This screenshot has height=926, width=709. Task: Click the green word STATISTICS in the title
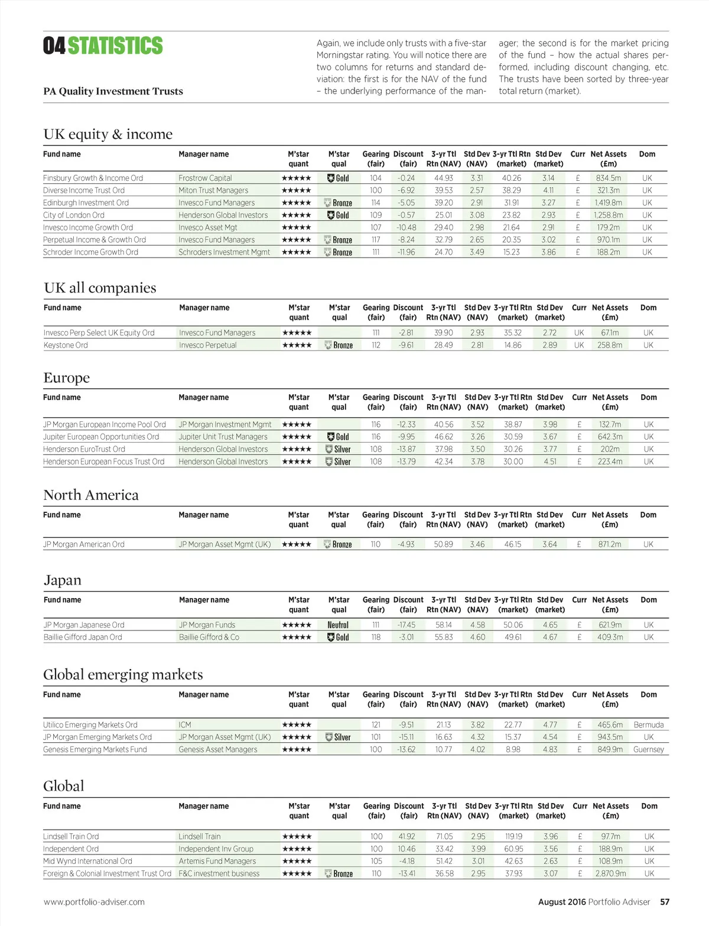click(x=115, y=46)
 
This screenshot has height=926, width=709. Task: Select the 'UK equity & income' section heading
click(x=108, y=134)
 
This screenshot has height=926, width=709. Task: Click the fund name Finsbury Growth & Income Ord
click(x=93, y=178)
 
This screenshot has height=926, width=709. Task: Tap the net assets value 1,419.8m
click(x=608, y=203)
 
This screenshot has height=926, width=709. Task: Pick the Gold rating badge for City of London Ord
click(x=339, y=215)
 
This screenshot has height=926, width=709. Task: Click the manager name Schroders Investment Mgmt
click(x=224, y=252)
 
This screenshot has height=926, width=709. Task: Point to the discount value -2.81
click(x=406, y=333)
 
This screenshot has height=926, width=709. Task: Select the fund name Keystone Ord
click(x=66, y=345)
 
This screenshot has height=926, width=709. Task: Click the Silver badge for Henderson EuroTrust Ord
click(x=339, y=449)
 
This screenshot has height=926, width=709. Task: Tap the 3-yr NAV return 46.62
click(x=444, y=437)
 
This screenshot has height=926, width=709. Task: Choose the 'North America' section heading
click(x=91, y=495)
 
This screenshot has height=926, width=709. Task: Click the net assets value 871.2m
click(x=609, y=544)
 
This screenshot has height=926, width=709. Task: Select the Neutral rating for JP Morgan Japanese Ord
click(x=338, y=625)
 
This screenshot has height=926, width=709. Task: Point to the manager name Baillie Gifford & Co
click(x=209, y=637)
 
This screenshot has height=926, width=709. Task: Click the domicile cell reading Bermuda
click(x=648, y=724)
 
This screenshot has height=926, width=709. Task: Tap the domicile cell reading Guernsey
click(x=648, y=749)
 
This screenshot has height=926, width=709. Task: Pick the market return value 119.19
click(x=513, y=836)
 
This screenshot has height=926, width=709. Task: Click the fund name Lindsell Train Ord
click(x=71, y=836)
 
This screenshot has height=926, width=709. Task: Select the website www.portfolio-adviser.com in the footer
click(x=94, y=902)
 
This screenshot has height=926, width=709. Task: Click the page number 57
click(x=665, y=902)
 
